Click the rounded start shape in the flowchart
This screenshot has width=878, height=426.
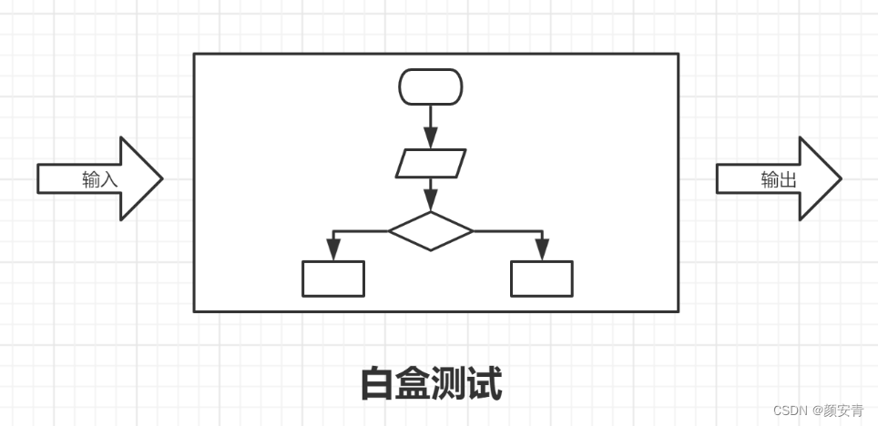coord(431,87)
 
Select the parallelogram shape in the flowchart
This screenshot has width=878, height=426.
coord(431,163)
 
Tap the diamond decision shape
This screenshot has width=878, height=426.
coord(431,231)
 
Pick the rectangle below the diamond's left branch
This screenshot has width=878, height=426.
coord(333,279)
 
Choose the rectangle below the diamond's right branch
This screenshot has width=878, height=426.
coord(542,279)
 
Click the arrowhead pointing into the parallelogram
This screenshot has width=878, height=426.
coord(431,141)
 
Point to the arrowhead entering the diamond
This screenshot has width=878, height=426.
coord(431,203)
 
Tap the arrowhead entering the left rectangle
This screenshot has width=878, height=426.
coord(333,252)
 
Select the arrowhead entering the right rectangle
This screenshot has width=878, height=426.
coord(542,252)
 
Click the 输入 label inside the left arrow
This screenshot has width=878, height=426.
coord(100,179)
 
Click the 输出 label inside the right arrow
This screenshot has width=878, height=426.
coord(779,179)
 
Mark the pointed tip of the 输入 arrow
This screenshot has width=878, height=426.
coord(160,178)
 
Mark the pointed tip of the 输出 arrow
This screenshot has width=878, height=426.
coord(839,178)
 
